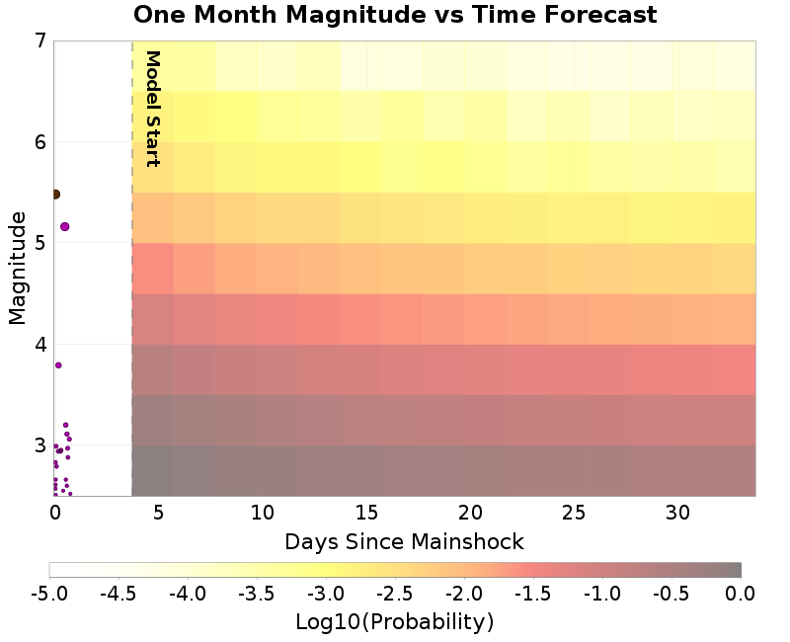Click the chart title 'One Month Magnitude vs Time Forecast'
pyautogui.click(x=395, y=15)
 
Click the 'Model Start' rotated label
pyautogui.click(x=152, y=109)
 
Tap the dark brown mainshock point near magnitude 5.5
pyautogui.click(x=55, y=195)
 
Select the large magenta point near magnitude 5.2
pyautogui.click(x=65, y=226)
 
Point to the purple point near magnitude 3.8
pyautogui.click(x=58, y=365)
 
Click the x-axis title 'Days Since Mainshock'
pyautogui.click(x=404, y=541)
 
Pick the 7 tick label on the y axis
pyautogui.click(x=40, y=41)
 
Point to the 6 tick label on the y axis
pyautogui.click(x=40, y=142)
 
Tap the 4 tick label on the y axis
pyautogui.click(x=40, y=345)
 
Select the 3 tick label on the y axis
pyautogui.click(x=40, y=445)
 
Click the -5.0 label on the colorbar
pyautogui.click(x=49, y=593)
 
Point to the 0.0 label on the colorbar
pyautogui.click(x=741, y=593)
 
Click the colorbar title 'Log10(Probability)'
pyautogui.click(x=395, y=622)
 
